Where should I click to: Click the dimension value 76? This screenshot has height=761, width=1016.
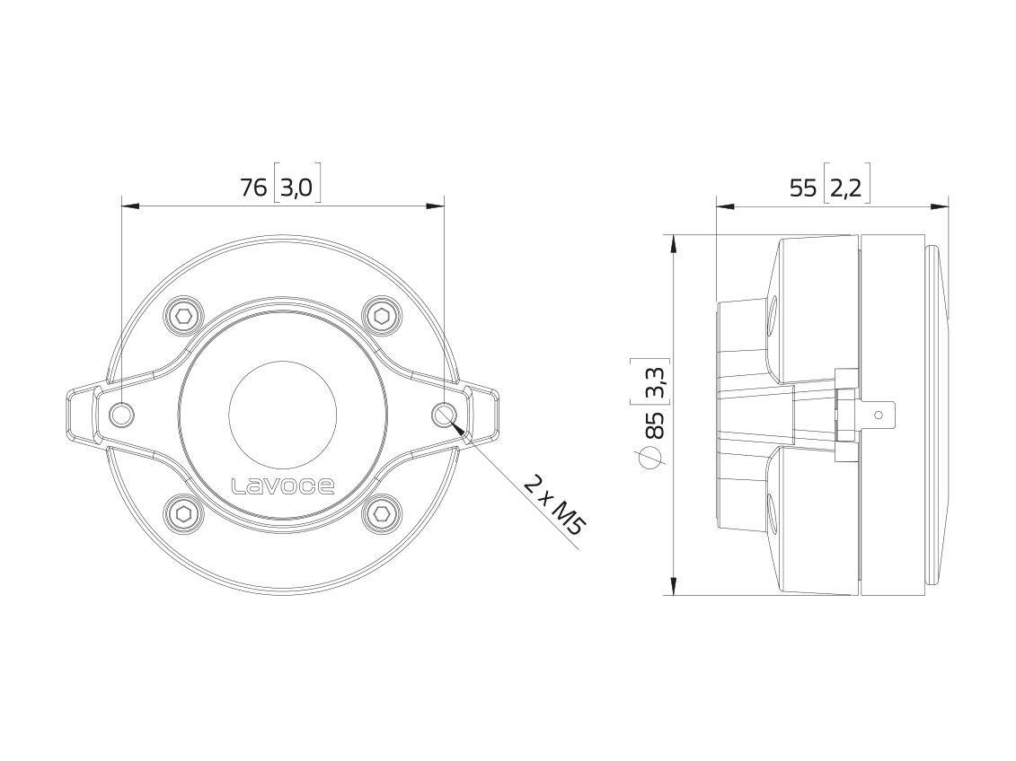click(x=253, y=188)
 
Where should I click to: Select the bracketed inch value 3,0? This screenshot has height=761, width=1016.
click(x=296, y=188)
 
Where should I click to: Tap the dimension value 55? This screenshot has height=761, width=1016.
click(x=802, y=188)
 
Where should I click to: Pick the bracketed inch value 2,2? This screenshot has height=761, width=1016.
click(x=846, y=188)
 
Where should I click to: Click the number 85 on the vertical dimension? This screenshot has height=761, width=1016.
click(x=654, y=424)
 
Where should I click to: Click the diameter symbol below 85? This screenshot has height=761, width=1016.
click(x=653, y=459)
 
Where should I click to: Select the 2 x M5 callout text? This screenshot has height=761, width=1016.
click(x=552, y=506)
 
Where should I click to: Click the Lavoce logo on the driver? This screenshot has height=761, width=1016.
click(x=283, y=486)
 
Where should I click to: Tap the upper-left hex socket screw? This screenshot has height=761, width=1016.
click(x=184, y=316)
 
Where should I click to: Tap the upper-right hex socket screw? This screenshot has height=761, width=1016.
click(x=382, y=316)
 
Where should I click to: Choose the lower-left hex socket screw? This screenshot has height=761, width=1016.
click(x=184, y=514)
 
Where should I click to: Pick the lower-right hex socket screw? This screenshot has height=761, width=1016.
click(x=382, y=514)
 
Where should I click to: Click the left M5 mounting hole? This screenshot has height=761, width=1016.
click(x=121, y=415)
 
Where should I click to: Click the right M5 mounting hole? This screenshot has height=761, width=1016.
click(x=445, y=415)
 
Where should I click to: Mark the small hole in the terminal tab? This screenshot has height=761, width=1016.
click(x=879, y=415)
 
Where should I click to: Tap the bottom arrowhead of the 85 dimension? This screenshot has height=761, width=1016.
click(x=674, y=587)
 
